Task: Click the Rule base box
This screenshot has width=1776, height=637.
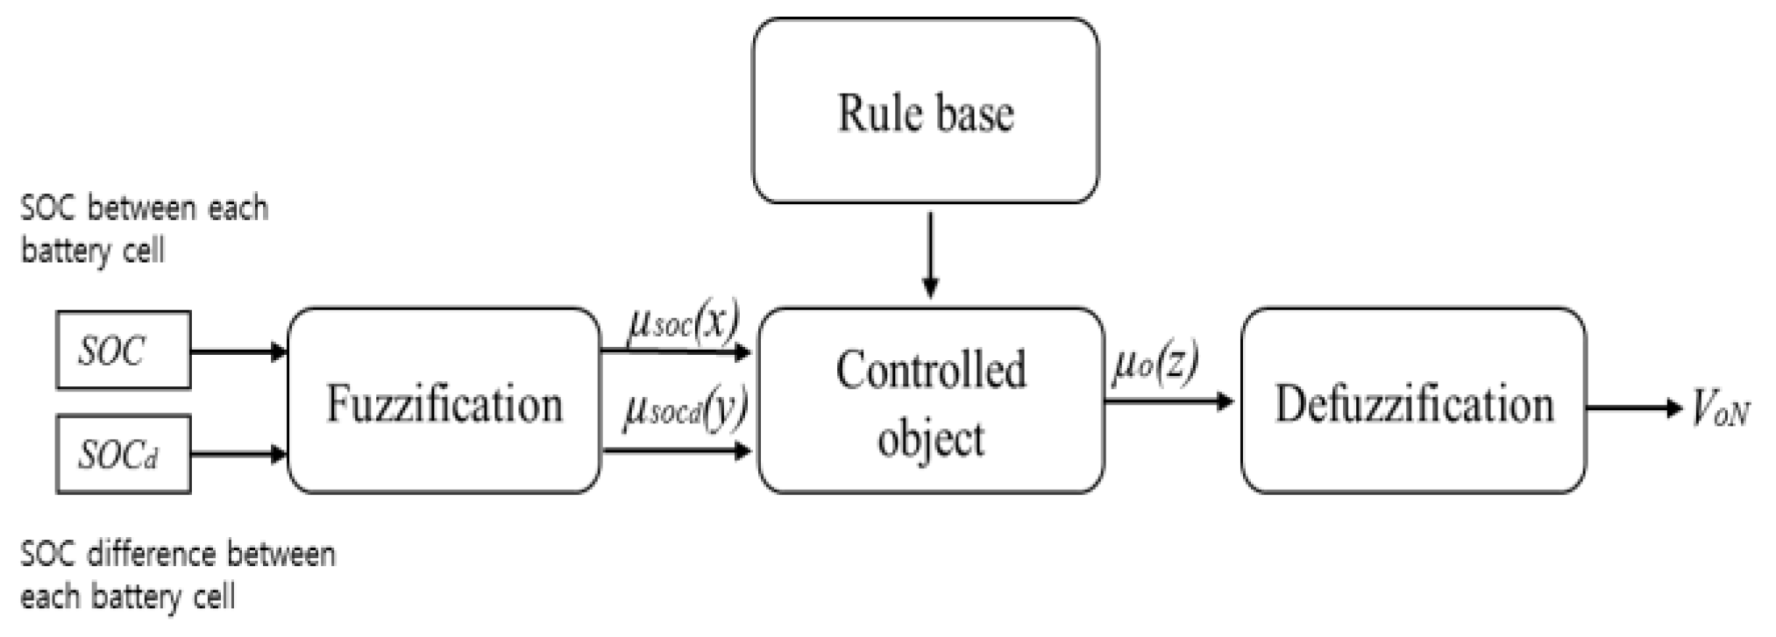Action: tap(926, 111)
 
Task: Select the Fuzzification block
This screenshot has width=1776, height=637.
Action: tap(444, 400)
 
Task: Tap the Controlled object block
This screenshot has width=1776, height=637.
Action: tap(931, 400)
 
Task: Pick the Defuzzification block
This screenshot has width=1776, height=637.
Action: tap(1413, 400)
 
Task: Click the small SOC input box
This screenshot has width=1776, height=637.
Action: tap(124, 350)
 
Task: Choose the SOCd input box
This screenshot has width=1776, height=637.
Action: tap(124, 454)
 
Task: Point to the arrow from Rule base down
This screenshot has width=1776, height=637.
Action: tap(931, 254)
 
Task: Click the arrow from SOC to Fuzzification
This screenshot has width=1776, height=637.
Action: tap(238, 352)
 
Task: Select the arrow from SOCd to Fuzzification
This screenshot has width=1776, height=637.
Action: tap(238, 454)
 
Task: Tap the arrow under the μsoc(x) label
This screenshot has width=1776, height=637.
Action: tap(675, 352)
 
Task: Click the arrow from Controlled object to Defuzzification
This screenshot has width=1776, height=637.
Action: tap(1169, 402)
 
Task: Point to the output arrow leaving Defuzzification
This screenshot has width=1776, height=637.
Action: tap(1630, 408)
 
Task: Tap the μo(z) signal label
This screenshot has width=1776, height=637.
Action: tap(1154, 365)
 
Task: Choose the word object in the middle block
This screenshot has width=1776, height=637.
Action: tap(930, 438)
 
